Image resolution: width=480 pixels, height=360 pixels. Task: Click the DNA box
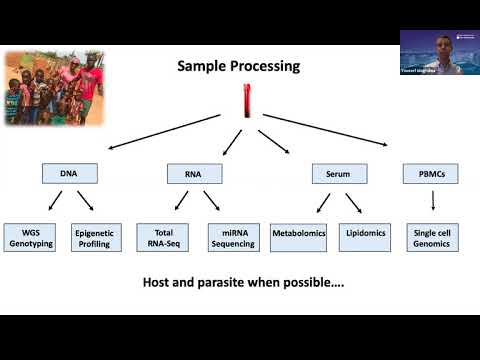coord(70,174)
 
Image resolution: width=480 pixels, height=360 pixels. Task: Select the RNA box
coord(195,174)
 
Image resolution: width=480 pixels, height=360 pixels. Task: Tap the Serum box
coord(337,174)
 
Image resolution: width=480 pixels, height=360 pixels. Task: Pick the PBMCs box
coord(431,174)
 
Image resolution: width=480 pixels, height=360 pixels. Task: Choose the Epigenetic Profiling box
coord(98,237)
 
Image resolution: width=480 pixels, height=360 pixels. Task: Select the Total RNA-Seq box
coord(162,237)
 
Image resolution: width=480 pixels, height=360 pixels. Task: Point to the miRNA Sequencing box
coord(234,237)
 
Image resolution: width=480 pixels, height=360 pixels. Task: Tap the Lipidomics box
coord(366,237)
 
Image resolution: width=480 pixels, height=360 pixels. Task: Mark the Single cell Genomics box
coord(431,237)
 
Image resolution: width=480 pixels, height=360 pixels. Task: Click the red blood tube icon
coord(244,99)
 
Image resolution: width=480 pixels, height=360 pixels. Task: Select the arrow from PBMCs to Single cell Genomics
coord(431,202)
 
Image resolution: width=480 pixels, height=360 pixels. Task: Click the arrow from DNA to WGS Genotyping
coord(52,203)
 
